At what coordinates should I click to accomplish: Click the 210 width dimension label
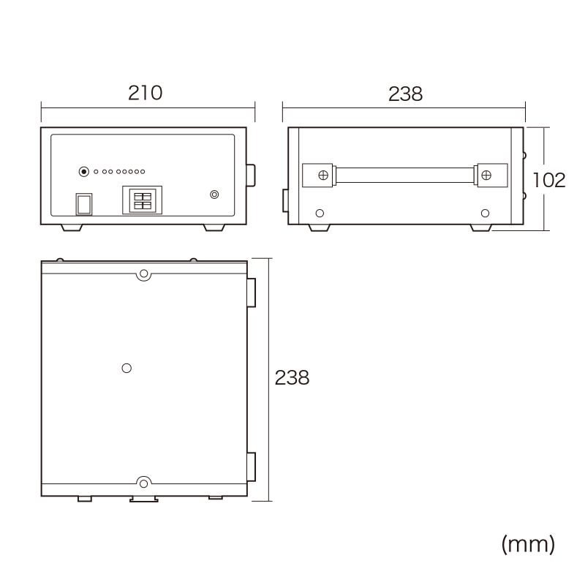pos(145,93)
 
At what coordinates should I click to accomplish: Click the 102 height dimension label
pos(549,180)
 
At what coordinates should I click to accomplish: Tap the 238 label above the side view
pos(406,94)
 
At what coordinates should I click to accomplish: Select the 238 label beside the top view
pos(292,377)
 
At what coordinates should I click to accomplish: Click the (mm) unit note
pos(528,544)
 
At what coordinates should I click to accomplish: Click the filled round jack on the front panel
pos(84,172)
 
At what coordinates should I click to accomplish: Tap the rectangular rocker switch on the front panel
pos(84,204)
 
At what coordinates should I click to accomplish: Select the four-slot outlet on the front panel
pos(142,200)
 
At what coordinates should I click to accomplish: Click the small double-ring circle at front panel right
pos(214,195)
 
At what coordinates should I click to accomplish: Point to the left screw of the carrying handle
pos(323,175)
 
